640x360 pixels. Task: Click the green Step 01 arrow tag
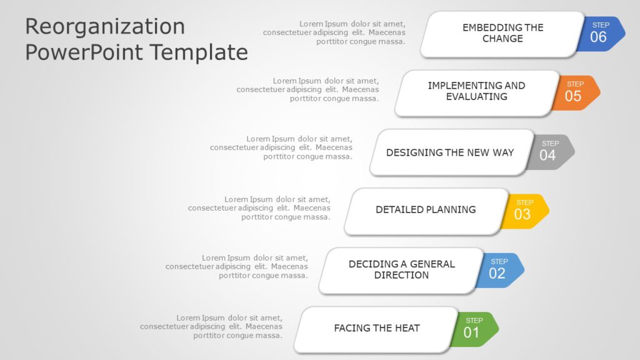(476, 329)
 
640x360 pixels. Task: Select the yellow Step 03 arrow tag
(527, 211)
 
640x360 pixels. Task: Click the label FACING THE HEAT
(376, 328)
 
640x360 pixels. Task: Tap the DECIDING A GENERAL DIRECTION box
(401, 270)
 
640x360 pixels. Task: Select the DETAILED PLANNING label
(426, 210)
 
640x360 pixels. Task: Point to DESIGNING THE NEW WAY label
(450, 152)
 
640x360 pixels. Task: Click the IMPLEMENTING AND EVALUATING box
(476, 91)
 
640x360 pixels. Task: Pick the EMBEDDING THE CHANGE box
(502, 33)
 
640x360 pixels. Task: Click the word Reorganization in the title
(105, 26)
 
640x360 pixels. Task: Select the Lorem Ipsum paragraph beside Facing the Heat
(211, 327)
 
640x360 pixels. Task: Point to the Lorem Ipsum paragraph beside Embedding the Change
(334, 33)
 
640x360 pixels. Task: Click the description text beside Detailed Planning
(259, 209)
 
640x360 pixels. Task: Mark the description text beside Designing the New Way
(281, 148)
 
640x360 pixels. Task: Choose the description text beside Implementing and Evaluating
(307, 90)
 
